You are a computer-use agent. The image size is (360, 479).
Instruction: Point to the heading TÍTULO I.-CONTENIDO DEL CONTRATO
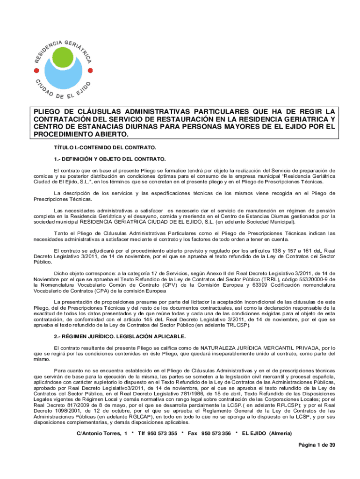(105, 147)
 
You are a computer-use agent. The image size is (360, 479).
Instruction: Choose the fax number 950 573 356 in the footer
(216, 433)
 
